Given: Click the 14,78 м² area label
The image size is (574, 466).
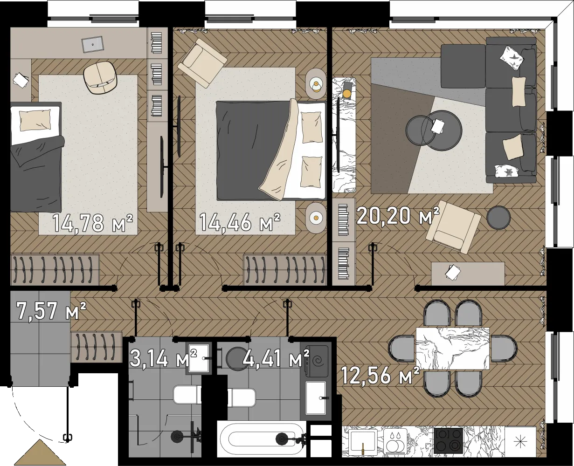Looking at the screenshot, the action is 93,223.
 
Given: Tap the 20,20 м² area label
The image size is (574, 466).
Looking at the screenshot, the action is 398,215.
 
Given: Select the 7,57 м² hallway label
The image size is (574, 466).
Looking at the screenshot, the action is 51,310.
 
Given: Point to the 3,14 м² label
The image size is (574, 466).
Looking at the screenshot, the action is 163,358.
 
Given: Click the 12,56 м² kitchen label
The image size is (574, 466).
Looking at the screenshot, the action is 380,375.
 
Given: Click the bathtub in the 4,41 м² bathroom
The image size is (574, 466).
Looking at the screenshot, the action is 262,439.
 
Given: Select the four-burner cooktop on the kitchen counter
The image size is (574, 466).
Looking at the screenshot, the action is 449,441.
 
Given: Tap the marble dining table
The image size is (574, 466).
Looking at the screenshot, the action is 453,348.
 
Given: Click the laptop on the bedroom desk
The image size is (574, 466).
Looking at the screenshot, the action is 93,44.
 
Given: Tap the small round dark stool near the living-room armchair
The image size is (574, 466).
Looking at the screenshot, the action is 498,218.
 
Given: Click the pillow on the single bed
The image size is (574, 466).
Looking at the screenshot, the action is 35,120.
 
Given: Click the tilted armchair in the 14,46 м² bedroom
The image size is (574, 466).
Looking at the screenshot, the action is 202,63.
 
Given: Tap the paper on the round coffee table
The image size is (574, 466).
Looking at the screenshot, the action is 438,126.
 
